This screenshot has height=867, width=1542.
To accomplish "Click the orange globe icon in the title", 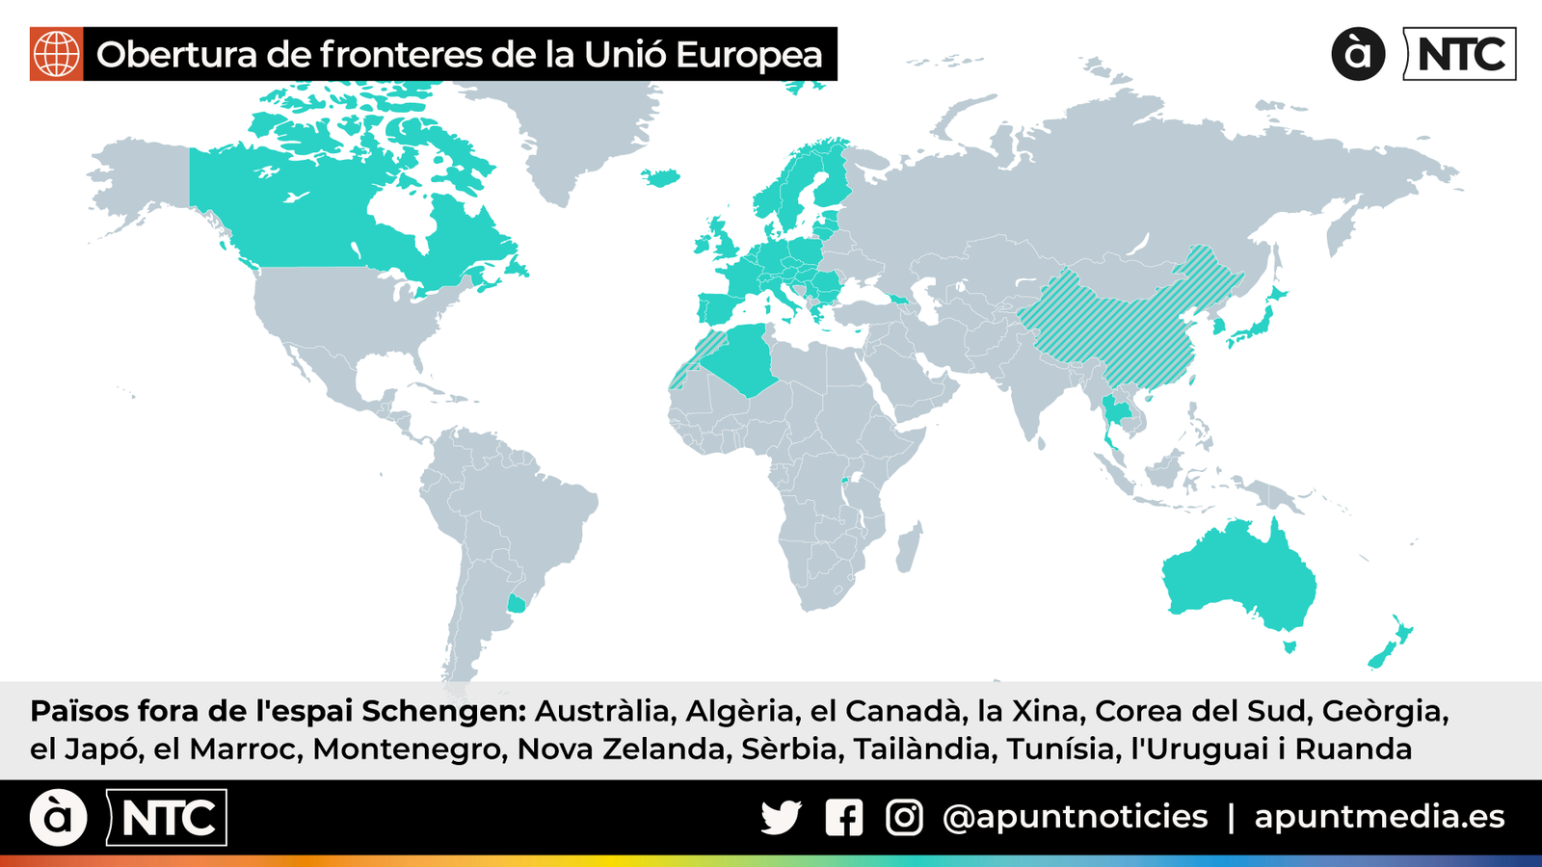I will click(x=57, y=54).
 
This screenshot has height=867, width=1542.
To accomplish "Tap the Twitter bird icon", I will click(x=781, y=818).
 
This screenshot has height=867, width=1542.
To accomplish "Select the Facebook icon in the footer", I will click(x=844, y=818).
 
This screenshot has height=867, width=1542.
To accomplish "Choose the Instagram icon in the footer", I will click(x=904, y=818).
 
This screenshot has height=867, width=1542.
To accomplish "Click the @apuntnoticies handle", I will click(x=1075, y=817).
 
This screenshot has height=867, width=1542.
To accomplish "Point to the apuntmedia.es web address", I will click(x=1379, y=817).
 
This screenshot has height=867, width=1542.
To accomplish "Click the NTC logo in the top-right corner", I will click(x=1461, y=54).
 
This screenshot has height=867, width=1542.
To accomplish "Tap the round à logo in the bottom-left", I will click(x=58, y=818).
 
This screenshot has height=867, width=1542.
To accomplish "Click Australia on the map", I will click(x=1238, y=573).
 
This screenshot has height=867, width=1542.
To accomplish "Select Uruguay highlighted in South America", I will click(x=518, y=604).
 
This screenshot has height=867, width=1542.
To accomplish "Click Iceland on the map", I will click(x=661, y=177).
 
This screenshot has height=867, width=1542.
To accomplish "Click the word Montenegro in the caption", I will click(x=410, y=749).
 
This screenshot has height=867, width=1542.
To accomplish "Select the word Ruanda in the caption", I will click(x=1353, y=749).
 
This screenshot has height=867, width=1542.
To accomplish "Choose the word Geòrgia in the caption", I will click(x=1384, y=711).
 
